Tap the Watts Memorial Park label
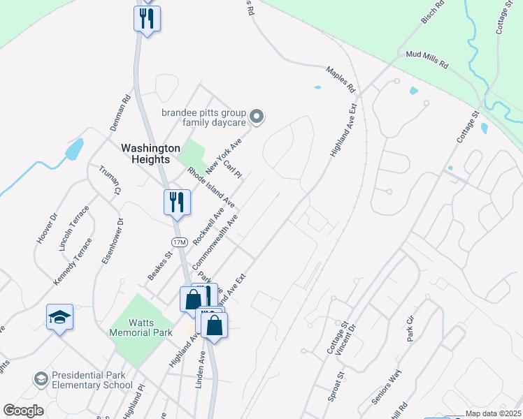[141, 328]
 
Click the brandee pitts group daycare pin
[257, 117]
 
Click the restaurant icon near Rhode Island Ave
[176, 203]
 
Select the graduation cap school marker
[60, 317]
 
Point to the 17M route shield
[180, 242]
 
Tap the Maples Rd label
[341, 80]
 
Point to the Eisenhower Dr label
[112, 241]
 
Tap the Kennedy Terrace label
[73, 261]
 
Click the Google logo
[23, 411]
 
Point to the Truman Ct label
[110, 180]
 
